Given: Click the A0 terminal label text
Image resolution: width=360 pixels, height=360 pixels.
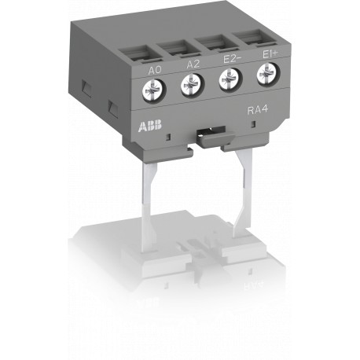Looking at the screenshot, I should pos(156,72).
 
